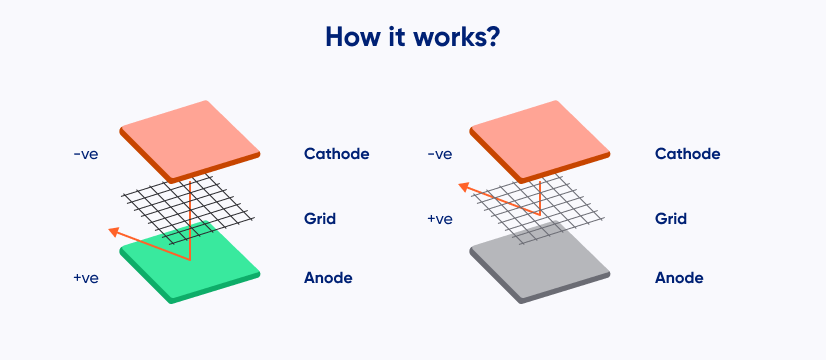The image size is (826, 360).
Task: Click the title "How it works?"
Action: [412, 37]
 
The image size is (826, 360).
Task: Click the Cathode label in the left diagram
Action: [336, 154]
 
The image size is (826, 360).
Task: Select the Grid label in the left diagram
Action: [319, 219]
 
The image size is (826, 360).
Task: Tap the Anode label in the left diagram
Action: [328, 278]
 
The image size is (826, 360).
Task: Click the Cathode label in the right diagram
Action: [687, 154]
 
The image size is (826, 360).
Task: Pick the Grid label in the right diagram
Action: [671, 219]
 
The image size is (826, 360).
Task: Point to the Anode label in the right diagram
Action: [679, 278]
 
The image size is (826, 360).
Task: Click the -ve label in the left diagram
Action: [86, 154]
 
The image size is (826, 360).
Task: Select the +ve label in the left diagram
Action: [86, 278]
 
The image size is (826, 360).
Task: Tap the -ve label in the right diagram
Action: [440, 154]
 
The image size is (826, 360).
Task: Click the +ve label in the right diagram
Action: [440, 219]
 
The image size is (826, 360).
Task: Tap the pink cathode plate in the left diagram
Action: [190, 140]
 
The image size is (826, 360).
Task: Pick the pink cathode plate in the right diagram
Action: [539, 140]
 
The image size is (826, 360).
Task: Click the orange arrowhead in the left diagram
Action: [113, 232]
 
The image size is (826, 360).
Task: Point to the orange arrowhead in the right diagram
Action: [464, 187]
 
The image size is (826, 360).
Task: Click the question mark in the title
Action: [490, 37]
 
